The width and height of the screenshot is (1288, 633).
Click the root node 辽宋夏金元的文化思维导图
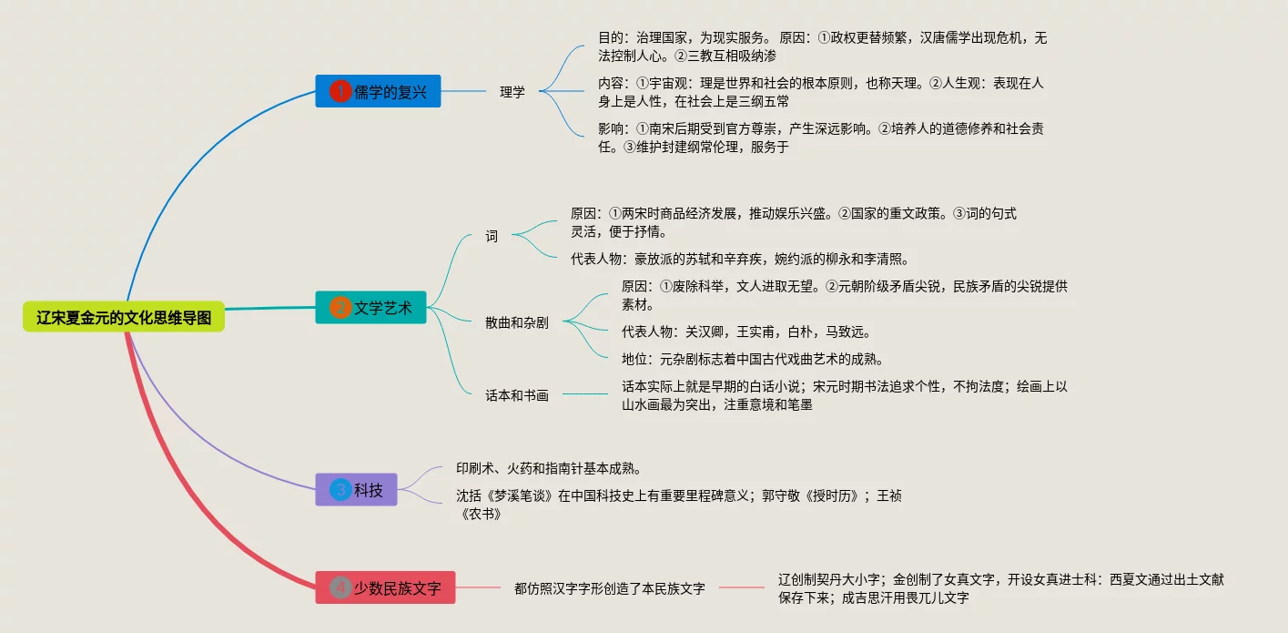point(124,317)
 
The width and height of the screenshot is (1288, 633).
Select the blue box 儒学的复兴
point(378,91)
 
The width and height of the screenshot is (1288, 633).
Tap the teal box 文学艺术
point(370,308)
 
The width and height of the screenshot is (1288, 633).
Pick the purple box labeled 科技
point(356,490)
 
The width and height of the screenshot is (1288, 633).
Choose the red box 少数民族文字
point(385,587)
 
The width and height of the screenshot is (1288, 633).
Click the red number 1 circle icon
point(340,91)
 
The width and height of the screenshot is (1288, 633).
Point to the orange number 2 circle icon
point(340,308)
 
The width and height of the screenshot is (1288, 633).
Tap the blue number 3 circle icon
point(340,490)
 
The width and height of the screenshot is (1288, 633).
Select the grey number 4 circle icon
point(340,587)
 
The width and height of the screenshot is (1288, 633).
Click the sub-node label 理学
point(512,92)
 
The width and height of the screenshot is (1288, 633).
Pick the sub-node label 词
point(492,237)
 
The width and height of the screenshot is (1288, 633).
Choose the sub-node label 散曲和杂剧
point(517,322)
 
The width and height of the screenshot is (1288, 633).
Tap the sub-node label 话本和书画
point(517,395)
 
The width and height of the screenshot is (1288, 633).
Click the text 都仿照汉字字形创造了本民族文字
point(610,588)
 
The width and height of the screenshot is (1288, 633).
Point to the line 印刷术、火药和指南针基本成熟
point(550,468)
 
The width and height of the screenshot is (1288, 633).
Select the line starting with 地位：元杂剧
point(753,359)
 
